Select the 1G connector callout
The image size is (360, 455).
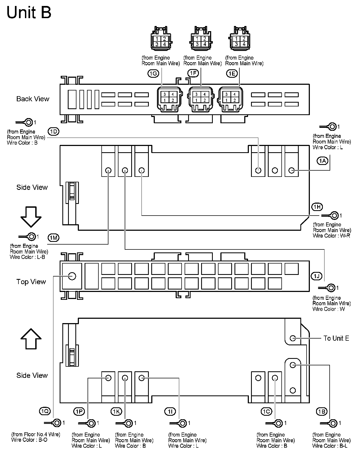pos(153,73)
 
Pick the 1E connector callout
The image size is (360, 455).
pos(232,73)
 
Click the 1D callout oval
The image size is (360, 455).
pos(53,132)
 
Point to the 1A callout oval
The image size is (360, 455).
pos(322,161)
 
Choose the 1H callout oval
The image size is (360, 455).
pos(317,207)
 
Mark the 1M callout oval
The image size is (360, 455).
pos(53,238)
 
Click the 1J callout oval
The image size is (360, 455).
pos(316,276)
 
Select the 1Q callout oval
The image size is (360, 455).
pos(44,411)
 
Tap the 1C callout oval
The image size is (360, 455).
pos(266,412)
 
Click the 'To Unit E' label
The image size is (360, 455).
pos(336,338)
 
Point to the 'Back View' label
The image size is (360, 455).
pos(33,99)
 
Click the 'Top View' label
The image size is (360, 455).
pos(31,282)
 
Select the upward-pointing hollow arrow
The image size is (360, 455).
pos(31,339)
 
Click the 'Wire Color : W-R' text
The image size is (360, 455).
pos(331,236)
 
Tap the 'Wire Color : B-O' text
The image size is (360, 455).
pos(29,440)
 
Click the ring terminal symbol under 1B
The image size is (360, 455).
pos(332,423)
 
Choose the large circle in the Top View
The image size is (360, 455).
pos(72,276)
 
